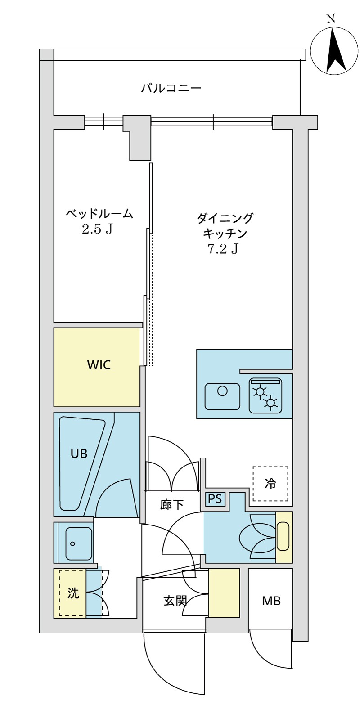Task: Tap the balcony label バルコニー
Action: pyautogui.click(x=171, y=88)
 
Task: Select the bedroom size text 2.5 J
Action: pyautogui.click(x=96, y=229)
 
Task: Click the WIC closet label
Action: pyautogui.click(x=99, y=365)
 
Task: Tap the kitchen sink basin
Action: pyautogui.click(x=222, y=396)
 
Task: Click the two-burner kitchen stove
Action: pyautogui.click(x=265, y=396)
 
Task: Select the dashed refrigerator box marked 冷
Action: pyautogui.click(x=270, y=484)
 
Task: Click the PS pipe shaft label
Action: pyautogui.click(x=215, y=499)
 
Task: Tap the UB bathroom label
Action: pyautogui.click(x=79, y=454)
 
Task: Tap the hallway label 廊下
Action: pyautogui.click(x=171, y=505)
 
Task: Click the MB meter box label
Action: pyautogui.click(x=271, y=601)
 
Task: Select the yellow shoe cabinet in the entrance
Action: pyautogui.click(x=224, y=593)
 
